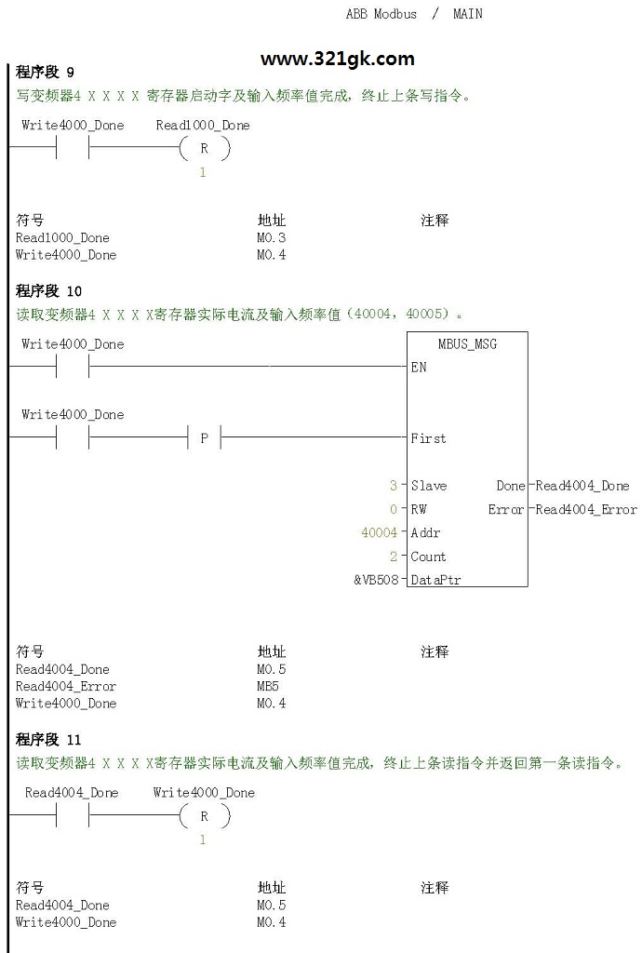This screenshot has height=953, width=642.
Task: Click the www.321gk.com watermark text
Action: tap(337, 59)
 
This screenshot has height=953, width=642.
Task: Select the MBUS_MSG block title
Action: tap(467, 344)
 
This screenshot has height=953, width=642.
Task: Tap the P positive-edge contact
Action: tap(204, 437)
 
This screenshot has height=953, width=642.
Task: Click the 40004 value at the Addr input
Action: tap(379, 532)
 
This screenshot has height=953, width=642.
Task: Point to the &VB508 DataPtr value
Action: tap(376, 580)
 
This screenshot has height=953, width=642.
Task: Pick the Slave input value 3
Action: tap(394, 485)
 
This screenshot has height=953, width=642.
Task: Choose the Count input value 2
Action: tap(394, 557)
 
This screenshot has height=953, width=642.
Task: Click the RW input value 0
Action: tap(394, 509)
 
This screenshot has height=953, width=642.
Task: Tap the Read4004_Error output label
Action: tap(586, 509)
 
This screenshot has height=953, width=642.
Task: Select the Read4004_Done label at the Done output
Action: tap(582, 486)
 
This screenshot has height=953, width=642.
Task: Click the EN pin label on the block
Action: tap(419, 367)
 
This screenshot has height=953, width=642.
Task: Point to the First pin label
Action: tap(428, 438)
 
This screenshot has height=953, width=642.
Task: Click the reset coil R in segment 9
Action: tap(205, 148)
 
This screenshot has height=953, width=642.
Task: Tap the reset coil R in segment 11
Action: tap(205, 815)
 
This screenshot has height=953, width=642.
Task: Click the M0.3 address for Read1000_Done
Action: tap(271, 237)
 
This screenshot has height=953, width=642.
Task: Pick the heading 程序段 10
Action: tap(48, 290)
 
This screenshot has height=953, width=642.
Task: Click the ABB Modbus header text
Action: tap(381, 13)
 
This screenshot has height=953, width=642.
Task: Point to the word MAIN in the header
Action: tap(468, 13)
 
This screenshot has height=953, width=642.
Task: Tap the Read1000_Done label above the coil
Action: tap(203, 126)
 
